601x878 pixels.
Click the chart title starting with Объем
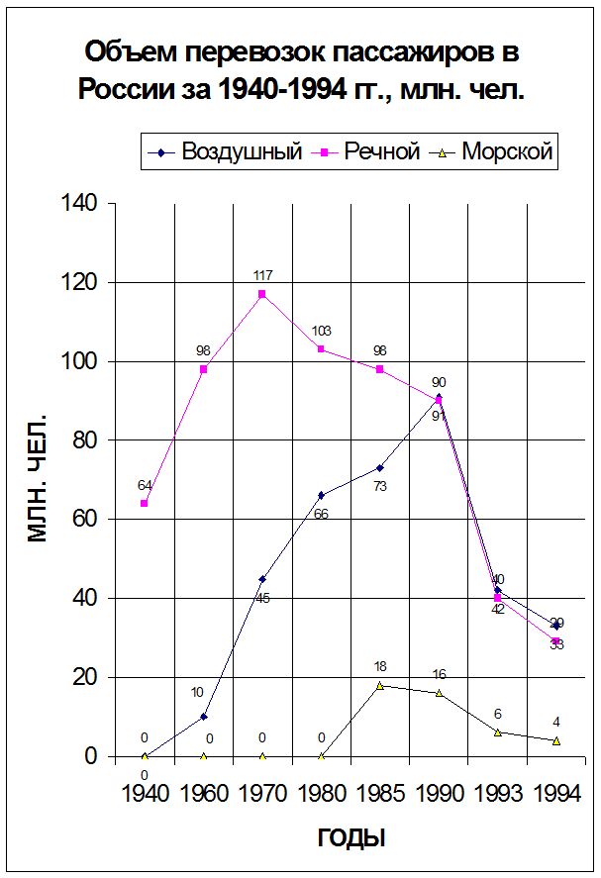(301, 70)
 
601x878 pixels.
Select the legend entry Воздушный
(241, 152)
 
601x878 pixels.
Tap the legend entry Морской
(506, 152)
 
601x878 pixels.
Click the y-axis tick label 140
(80, 204)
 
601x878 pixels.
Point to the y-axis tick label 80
(86, 440)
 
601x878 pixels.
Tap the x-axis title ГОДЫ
(351, 838)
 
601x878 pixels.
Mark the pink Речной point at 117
(262, 294)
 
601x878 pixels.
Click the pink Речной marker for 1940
(145, 504)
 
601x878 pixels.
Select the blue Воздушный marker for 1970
(262, 579)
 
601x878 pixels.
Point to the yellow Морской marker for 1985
(379, 685)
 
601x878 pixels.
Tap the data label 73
(379, 486)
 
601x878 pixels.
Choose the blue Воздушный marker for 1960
(203, 717)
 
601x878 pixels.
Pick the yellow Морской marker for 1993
(497, 732)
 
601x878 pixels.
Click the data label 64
(145, 485)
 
